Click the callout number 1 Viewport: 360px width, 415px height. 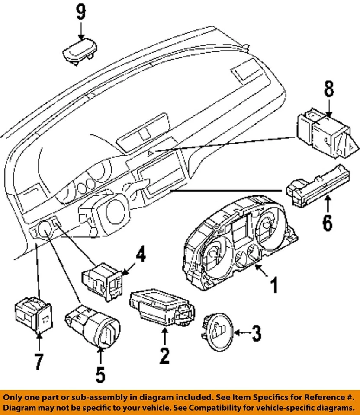tap(274, 285)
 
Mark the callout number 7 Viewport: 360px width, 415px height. tap(39, 362)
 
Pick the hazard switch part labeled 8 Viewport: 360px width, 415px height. tap(327, 134)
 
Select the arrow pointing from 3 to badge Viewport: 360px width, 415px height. tap(242, 332)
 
